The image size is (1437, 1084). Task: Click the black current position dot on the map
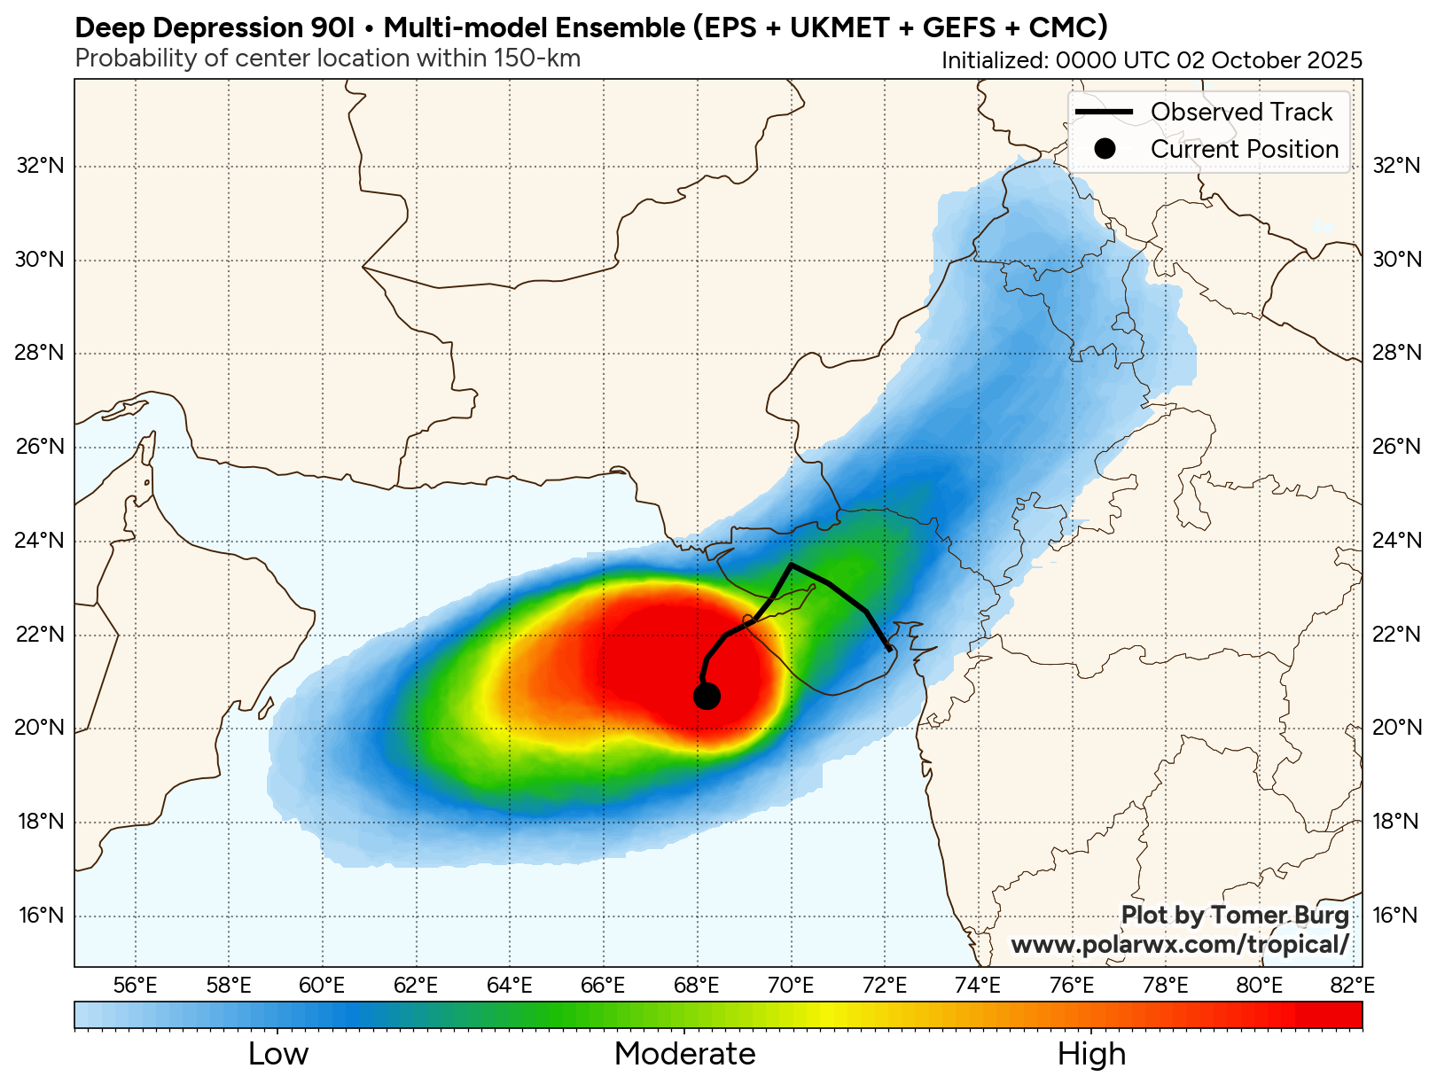706,697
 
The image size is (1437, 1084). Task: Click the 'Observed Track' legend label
1241,112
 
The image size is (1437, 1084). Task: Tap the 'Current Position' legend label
1244,149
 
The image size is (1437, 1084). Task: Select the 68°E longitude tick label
697,986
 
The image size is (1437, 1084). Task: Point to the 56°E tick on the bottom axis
136,986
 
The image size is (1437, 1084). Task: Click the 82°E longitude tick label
1353,986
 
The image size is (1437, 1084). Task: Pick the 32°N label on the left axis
41,166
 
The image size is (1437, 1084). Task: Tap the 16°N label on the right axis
1395,915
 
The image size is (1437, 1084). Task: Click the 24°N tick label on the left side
41,541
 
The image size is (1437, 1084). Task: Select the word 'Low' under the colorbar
278,1054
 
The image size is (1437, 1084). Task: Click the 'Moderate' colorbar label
684,1054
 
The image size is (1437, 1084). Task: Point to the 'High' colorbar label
1091,1054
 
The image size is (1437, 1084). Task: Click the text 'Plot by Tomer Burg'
1235,915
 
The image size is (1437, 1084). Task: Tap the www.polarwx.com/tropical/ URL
1180,945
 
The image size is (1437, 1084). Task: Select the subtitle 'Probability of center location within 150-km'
328,58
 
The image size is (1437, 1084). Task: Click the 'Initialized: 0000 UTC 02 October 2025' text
1152,60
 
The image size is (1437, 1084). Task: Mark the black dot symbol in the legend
1104,149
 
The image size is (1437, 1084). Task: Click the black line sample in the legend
1104,112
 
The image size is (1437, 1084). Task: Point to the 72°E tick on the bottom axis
885,986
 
